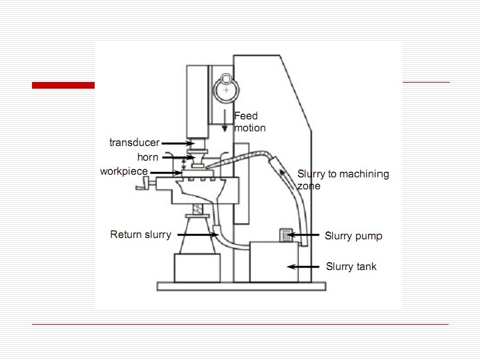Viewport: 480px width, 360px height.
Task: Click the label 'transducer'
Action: (134, 143)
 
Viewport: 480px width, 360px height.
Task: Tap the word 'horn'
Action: (147, 158)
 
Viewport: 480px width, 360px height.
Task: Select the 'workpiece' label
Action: (124, 171)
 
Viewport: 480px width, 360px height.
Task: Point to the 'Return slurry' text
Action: (141, 235)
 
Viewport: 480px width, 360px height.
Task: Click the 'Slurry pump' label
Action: (353, 236)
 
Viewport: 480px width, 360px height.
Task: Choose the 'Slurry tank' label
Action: (351, 267)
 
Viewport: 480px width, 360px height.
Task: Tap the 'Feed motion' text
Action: (249, 122)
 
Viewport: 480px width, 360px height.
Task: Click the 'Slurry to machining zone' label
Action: (343, 179)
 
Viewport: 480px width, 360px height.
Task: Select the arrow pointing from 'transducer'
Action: (177, 143)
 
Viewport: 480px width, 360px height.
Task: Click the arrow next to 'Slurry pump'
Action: (306, 235)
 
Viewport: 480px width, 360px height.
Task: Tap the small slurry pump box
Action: (285, 235)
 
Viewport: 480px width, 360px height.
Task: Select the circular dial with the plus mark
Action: (227, 89)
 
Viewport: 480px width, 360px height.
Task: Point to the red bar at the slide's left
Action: (63, 85)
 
